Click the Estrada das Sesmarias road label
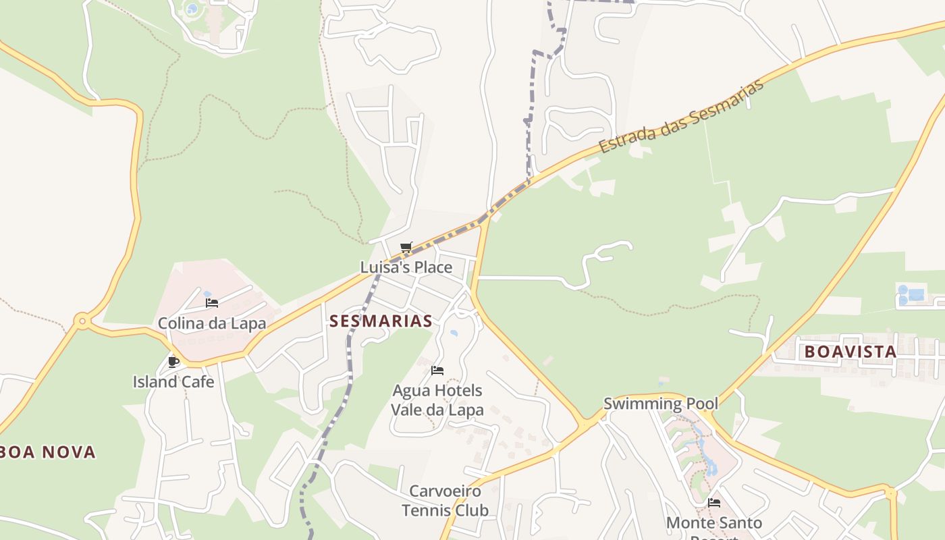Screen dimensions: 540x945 point(682,115)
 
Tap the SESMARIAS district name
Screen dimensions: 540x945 point(381,321)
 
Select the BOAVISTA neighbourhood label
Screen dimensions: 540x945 point(850,352)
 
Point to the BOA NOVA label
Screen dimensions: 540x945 point(47,452)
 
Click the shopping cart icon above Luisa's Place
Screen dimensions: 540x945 point(406,248)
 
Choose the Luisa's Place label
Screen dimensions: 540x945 point(406,267)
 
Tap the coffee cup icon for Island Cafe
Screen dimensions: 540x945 point(173,362)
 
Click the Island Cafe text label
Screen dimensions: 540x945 point(173,382)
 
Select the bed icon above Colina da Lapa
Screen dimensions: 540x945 point(212,303)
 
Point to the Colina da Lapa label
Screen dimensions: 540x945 point(212,323)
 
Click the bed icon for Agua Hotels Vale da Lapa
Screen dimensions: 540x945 point(437,370)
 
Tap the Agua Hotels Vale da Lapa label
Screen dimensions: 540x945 point(437,400)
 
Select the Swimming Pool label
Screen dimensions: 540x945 point(660,404)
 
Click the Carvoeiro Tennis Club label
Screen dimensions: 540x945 point(445,500)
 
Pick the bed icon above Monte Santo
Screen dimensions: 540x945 point(714,503)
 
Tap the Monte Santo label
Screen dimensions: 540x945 point(714,523)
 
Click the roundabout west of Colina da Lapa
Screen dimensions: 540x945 point(82,321)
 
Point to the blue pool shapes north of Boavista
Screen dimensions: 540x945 point(911,295)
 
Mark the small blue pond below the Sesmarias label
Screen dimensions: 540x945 point(454,333)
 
